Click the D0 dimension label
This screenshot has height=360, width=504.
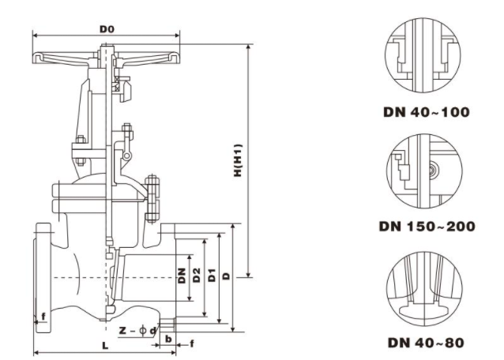click(107, 29)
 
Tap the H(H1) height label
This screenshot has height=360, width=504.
click(237, 162)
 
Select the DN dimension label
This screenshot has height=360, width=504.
click(181, 276)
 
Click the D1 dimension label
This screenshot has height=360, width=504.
click(211, 276)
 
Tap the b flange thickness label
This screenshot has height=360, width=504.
click(167, 338)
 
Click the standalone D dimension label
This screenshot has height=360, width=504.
click(226, 276)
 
